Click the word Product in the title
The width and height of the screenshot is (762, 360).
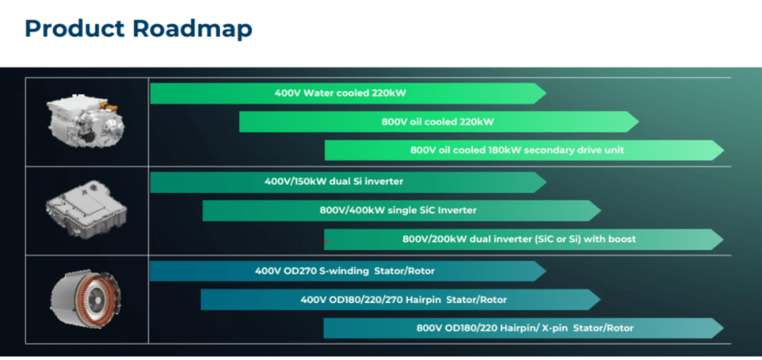click(x=75, y=29)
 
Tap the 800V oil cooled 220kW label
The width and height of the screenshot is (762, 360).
click(x=437, y=121)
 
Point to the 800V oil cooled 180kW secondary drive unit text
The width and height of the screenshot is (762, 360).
click(x=517, y=150)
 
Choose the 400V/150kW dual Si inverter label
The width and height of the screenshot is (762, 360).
click(x=334, y=182)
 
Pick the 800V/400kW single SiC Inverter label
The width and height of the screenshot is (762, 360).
click(x=398, y=210)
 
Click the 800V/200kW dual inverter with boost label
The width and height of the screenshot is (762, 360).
click(x=519, y=239)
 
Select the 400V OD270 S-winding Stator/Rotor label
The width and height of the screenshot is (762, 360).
click(x=344, y=271)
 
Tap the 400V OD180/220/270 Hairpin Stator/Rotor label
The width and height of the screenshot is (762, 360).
click(x=404, y=300)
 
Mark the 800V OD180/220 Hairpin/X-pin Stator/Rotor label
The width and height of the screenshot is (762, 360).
click(x=525, y=328)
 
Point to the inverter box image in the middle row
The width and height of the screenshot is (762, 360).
click(x=87, y=210)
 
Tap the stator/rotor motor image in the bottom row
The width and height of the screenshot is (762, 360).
click(x=87, y=298)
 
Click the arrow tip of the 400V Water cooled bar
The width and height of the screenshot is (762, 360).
click(x=546, y=93)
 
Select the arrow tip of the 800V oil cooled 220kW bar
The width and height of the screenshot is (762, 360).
click(x=639, y=121)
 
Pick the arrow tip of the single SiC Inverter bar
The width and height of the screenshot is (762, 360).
click(x=601, y=210)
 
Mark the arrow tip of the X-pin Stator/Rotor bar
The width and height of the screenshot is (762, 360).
click(x=724, y=328)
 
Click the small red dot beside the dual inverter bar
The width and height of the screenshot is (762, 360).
click(x=326, y=242)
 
